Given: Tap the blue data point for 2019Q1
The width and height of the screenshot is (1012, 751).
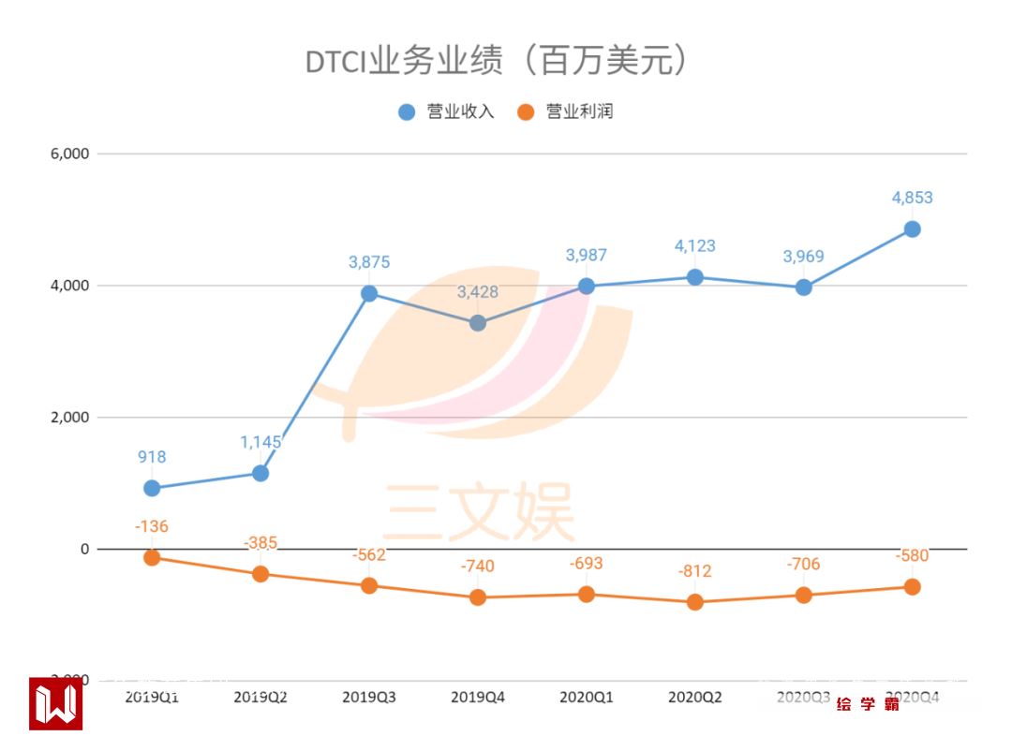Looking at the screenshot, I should click(152, 488).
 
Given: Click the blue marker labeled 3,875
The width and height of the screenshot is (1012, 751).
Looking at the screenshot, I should click(369, 293).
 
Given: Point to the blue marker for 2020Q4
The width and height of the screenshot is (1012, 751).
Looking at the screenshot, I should click(912, 229).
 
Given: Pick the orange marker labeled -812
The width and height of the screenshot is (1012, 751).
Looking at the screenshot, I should click(694, 602).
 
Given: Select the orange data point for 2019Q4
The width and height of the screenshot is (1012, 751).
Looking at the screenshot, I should click(478, 597).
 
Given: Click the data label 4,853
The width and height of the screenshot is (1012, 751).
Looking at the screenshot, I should click(912, 198).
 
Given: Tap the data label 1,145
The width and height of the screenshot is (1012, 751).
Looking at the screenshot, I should click(260, 442).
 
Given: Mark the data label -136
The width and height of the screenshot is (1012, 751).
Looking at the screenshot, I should click(152, 526).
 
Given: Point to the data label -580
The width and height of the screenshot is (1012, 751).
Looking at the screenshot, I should click(912, 556).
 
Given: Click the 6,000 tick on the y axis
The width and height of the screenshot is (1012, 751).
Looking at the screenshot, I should click(68, 154).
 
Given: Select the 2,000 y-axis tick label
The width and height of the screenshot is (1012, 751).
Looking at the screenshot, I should click(68, 418).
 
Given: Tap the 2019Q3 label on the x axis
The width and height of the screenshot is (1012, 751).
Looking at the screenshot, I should click(369, 698).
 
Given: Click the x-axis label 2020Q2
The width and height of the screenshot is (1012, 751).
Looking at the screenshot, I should click(694, 698).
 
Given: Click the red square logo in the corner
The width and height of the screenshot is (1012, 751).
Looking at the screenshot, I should click(56, 703).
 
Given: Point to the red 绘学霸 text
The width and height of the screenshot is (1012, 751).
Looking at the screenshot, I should click(869, 704).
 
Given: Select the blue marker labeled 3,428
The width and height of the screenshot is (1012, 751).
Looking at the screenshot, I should click(478, 323).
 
